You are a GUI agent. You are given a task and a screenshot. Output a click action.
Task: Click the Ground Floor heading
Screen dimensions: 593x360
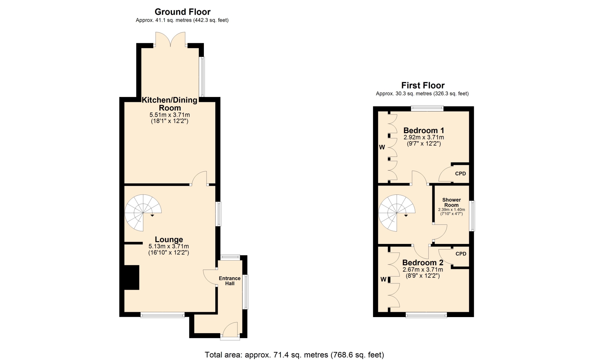(x=183, y=12)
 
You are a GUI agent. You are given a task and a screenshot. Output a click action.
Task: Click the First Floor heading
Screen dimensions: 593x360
(x=423, y=85)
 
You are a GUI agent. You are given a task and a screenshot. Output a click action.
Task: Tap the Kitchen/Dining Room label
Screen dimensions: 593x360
(x=170, y=104)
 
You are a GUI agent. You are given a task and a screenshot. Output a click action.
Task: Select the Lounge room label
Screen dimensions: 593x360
(x=169, y=239)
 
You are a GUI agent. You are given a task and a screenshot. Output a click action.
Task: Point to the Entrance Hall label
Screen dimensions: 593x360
(x=229, y=281)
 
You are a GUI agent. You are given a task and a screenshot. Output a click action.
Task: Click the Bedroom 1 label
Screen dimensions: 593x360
(x=424, y=130)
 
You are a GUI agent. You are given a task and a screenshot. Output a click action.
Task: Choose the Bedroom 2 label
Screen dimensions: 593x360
(x=423, y=262)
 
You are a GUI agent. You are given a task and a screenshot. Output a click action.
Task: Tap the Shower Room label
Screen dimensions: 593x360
(x=452, y=203)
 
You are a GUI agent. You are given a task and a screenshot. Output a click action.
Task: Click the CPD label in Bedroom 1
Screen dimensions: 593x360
(x=461, y=174)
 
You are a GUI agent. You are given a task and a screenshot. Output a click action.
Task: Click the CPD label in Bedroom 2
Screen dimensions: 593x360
(x=461, y=254)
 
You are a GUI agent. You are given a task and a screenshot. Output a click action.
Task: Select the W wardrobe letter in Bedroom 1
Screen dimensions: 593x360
(x=382, y=147)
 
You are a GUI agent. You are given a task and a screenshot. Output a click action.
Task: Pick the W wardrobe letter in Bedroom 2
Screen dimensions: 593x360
(x=383, y=279)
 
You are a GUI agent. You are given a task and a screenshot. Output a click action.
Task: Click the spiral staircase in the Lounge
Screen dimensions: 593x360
(x=143, y=213)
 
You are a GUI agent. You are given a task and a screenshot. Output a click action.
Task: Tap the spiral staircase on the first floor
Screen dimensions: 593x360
(x=397, y=213)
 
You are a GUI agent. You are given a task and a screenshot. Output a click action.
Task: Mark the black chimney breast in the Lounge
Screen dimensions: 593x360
(x=132, y=277)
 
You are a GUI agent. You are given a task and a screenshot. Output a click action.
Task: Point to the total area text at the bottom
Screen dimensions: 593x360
(x=294, y=355)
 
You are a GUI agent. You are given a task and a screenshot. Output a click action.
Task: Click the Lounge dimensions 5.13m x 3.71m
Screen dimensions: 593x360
(x=169, y=246)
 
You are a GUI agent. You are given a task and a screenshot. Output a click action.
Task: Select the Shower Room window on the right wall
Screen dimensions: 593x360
(x=472, y=216)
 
